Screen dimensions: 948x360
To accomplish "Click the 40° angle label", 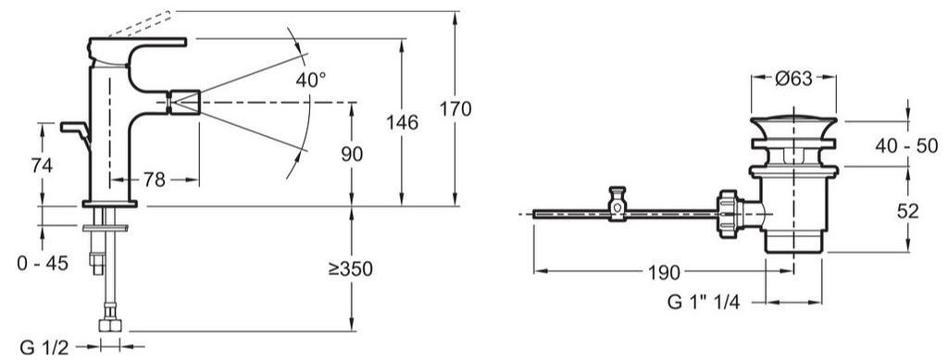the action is [x=311, y=80].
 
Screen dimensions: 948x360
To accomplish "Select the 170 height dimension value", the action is [x=455, y=109].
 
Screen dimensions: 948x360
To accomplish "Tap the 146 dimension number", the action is [x=402, y=122].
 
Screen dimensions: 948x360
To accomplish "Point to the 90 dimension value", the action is [x=352, y=154].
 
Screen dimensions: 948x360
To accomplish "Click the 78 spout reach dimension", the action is [x=155, y=180].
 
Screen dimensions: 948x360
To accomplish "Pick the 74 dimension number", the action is [x=42, y=166].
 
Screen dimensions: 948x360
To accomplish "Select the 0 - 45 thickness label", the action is [x=43, y=264].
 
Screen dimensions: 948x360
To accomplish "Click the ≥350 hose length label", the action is [x=351, y=269].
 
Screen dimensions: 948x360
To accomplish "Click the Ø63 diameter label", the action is [x=793, y=79].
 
